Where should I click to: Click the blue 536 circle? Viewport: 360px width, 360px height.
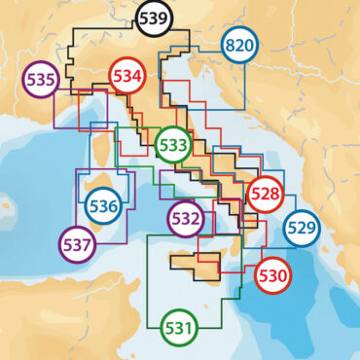pyautogui.click(x=103, y=204)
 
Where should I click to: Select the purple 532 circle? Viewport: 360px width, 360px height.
pyautogui.click(x=185, y=218)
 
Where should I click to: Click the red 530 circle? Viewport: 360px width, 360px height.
pyautogui.click(x=272, y=275)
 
